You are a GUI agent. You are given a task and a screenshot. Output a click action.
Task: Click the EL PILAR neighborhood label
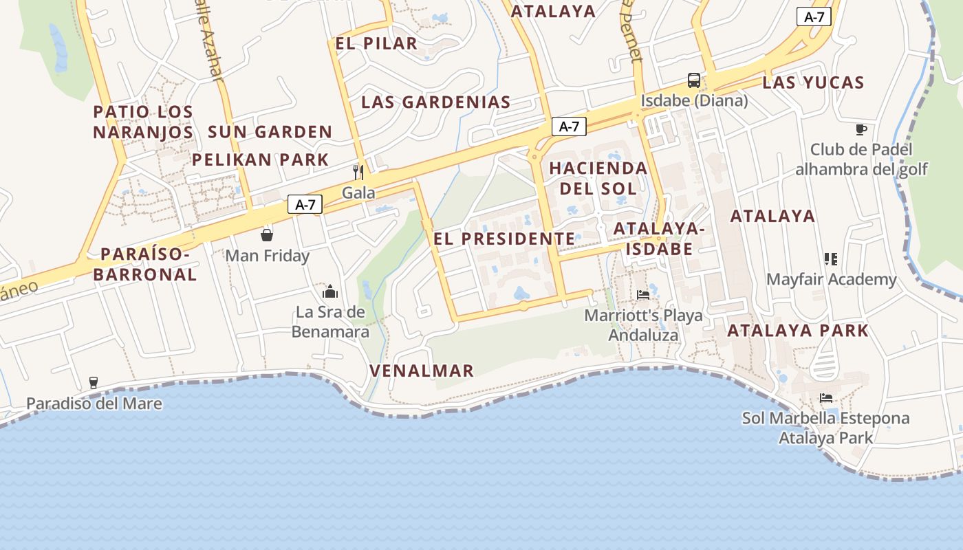pos(376,43)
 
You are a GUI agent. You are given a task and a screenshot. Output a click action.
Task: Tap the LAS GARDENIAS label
pos(436,102)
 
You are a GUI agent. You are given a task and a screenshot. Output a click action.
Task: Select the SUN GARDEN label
pos(270,131)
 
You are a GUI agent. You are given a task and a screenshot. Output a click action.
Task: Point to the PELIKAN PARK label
pos(261,159)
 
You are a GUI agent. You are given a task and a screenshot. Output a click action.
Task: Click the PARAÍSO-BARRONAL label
pos(145,264)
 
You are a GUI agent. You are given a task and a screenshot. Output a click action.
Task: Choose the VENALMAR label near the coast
pos(422,371)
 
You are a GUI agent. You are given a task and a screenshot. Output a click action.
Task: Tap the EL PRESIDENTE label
pos(504,239)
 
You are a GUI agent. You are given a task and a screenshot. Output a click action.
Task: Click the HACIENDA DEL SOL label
pos(598,178)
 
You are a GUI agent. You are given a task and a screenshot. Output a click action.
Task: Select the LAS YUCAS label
pos(813,82)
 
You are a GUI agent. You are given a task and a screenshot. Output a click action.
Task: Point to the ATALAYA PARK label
pos(798,330)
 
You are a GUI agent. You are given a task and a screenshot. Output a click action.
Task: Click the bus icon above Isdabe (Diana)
pos(694,80)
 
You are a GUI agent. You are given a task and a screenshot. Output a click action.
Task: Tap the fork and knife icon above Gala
pos(358,172)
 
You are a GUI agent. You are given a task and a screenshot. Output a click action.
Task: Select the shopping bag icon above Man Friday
pos(267,235)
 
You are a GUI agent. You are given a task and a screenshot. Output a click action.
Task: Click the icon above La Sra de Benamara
pos(330,291)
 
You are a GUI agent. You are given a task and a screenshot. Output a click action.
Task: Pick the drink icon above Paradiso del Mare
pos(94,383)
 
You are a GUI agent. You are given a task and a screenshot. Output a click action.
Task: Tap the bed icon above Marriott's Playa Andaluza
pos(643,294)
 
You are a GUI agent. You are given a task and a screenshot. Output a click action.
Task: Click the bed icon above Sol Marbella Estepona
pos(826,398)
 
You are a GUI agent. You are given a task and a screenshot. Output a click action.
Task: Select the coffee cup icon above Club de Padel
pos(861,129)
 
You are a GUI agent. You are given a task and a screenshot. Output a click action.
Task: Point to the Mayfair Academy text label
pos(832,279)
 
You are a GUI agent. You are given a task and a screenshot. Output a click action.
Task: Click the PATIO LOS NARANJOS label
pos(143,121)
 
